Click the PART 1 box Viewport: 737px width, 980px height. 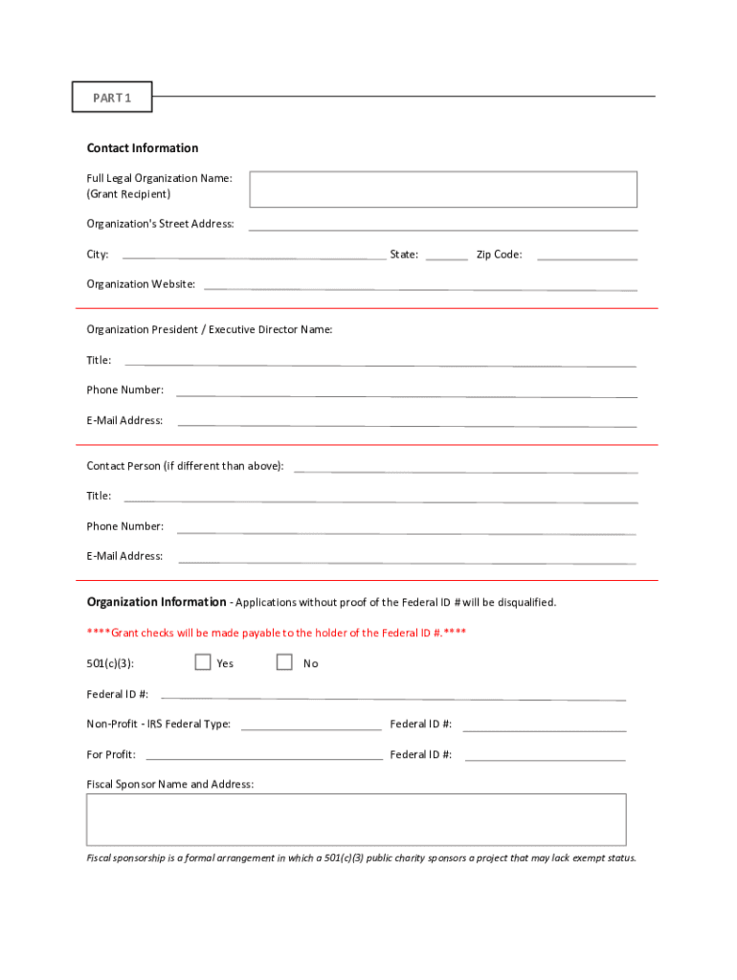[x=112, y=97]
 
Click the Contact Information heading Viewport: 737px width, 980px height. [x=143, y=148]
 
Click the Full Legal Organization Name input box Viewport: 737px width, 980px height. [x=443, y=189]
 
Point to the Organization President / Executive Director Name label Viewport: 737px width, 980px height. [x=210, y=330]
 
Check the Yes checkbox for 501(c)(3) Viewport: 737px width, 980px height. [x=203, y=662]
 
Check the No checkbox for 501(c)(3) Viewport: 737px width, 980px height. [x=284, y=662]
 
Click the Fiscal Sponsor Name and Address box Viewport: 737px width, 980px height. [x=356, y=819]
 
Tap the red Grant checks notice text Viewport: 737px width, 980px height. [x=277, y=634]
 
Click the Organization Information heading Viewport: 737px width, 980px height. [x=156, y=603]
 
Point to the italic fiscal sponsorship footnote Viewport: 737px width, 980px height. [x=361, y=858]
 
